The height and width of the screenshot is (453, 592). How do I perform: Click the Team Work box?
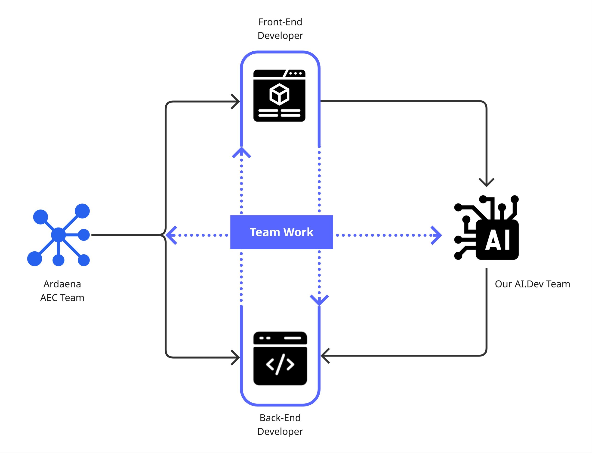(x=281, y=232)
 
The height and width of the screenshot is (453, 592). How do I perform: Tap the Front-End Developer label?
(x=280, y=28)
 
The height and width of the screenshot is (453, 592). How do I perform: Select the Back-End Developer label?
(x=280, y=425)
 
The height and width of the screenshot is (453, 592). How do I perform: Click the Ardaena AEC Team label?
(x=62, y=291)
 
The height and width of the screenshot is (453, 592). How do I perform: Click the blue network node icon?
(x=59, y=234)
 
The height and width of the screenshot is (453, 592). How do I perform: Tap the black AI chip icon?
(x=486, y=228)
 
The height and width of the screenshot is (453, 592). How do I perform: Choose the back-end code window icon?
(x=280, y=358)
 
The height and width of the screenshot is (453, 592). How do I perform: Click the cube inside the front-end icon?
(x=279, y=94)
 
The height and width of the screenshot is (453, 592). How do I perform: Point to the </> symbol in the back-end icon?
(x=280, y=365)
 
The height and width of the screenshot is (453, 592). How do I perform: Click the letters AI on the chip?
(x=497, y=240)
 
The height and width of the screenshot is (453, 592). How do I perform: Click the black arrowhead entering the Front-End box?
(x=236, y=101)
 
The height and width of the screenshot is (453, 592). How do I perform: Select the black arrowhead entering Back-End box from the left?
(x=236, y=358)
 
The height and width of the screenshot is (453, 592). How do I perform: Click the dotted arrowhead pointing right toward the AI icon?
(x=437, y=235)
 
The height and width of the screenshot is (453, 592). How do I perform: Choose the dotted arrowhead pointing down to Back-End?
(x=319, y=300)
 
